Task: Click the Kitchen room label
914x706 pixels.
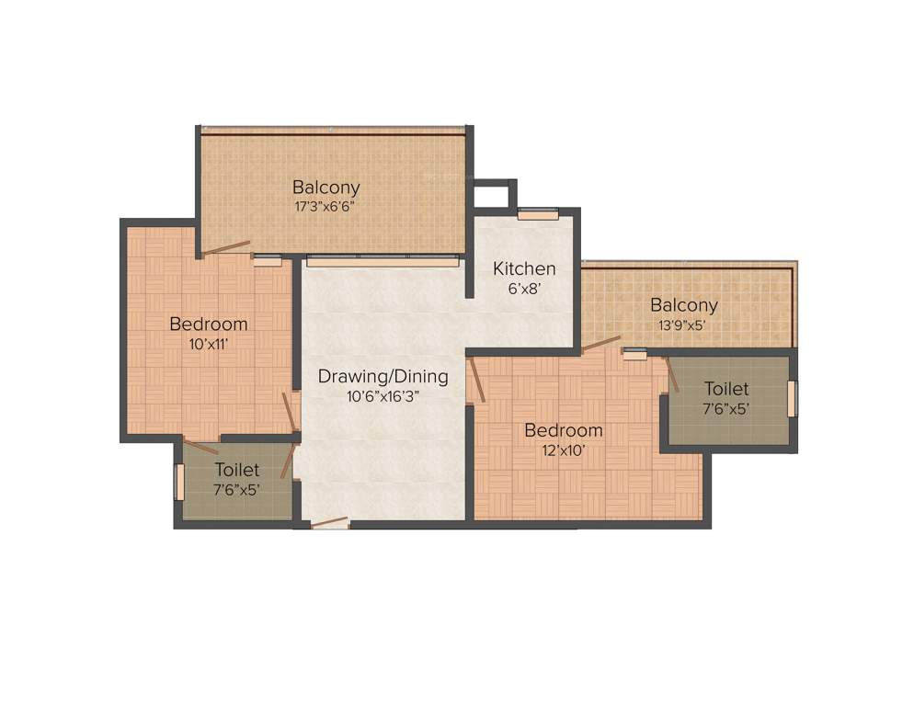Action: pos(524,268)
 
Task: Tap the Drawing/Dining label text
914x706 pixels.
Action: pos(383,376)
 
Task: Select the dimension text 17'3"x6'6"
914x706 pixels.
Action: pos(325,206)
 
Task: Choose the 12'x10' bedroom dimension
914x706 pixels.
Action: pos(563,450)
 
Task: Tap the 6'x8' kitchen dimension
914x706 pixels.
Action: pos(524,288)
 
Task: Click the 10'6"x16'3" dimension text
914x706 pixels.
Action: pos(383,396)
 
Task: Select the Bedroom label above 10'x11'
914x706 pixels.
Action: pos(208,324)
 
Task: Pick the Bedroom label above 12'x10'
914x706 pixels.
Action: pos(563,430)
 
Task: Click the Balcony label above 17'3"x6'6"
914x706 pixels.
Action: pos(326,187)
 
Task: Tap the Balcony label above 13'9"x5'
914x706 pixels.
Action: pos(683,304)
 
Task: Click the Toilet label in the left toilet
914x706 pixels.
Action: pos(237,470)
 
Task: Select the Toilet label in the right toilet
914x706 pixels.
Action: pos(726,389)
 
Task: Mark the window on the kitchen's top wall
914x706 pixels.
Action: pos(538,215)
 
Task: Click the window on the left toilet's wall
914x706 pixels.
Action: pos(180,482)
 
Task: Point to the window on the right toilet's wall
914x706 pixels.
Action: pos(792,398)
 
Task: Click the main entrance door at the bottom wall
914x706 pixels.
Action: pos(329,523)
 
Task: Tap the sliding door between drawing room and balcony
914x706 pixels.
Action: pos(383,262)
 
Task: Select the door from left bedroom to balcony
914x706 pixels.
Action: pos(225,248)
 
